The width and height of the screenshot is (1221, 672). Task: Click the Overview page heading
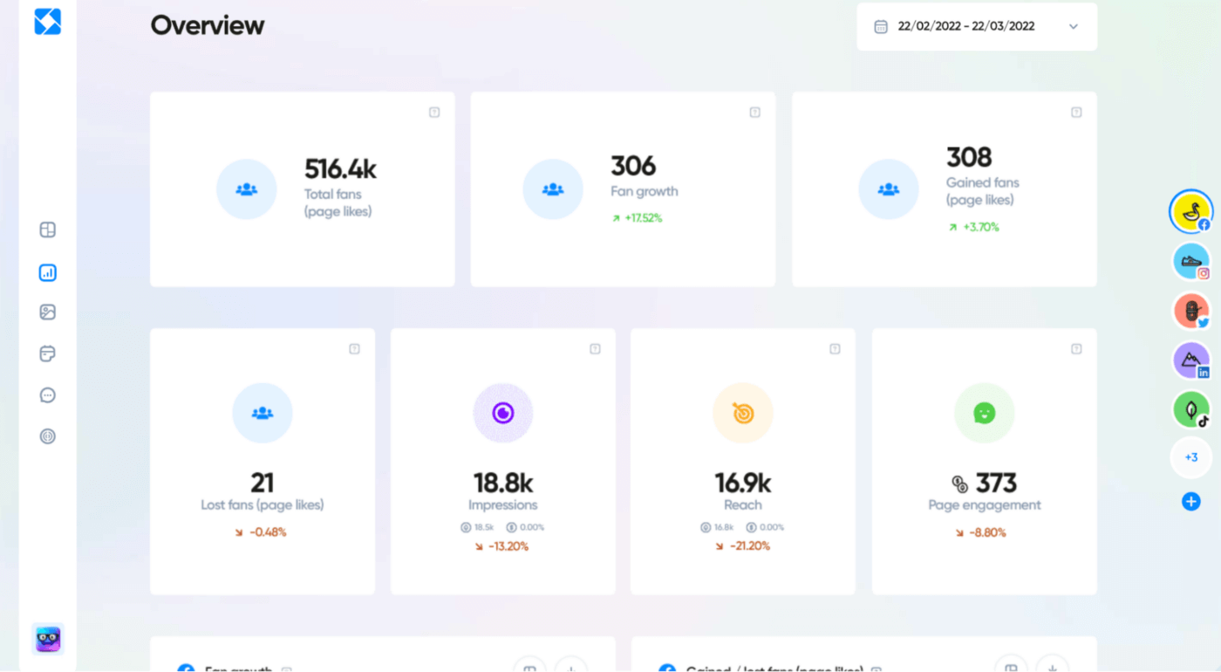coord(208,25)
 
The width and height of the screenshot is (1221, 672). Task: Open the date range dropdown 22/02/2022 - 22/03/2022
coord(976,26)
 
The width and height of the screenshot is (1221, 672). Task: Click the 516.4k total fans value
coord(340,168)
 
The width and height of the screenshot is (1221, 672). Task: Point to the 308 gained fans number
coord(969,157)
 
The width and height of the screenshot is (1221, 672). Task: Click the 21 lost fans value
coord(262,483)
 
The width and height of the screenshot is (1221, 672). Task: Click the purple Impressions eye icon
coord(503,413)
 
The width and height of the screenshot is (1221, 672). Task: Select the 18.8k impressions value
coord(503,483)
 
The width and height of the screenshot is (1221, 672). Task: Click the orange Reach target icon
coord(743,413)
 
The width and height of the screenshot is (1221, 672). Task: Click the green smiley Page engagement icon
coord(984,413)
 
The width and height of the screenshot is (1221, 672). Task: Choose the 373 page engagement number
coord(995,483)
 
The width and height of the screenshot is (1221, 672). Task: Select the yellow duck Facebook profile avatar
coord(1190,212)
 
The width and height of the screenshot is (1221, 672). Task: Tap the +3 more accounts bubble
coord(1190,457)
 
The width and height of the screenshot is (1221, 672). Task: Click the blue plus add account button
coord(1190,501)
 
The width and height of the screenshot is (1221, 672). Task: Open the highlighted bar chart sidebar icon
coord(48,273)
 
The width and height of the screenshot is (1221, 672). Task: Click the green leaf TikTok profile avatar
coord(1190,408)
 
